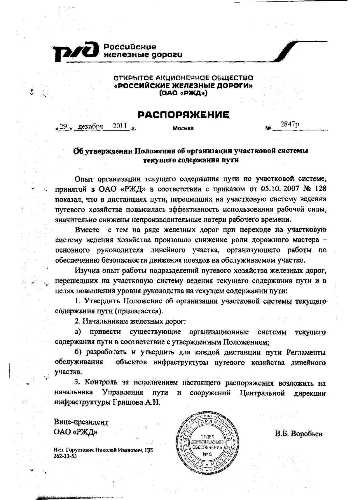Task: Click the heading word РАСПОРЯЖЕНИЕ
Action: coord(183,115)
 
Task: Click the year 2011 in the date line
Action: coord(120,126)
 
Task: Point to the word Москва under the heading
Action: coord(183,128)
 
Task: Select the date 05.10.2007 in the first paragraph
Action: coord(276,189)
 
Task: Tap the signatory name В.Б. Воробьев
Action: coord(298,434)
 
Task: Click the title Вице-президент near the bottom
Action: coord(81,422)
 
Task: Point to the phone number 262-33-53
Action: coord(65,456)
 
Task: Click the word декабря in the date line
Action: coord(90,126)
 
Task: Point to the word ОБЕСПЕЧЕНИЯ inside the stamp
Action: coord(207,447)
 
